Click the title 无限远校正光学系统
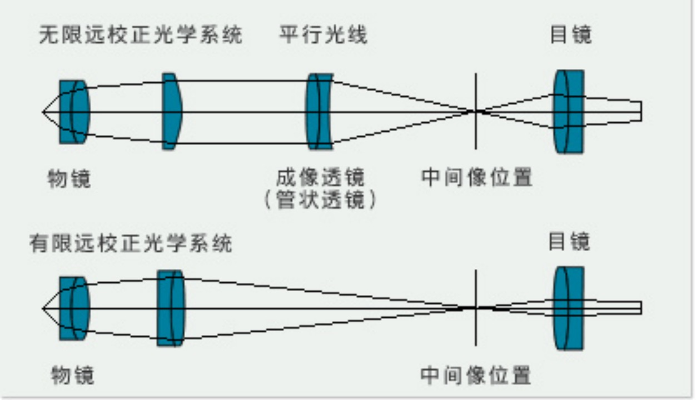click(141, 36)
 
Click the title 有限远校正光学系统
click(131, 243)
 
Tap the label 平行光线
click(323, 36)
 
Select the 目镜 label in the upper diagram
click(570, 35)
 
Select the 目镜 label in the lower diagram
click(569, 242)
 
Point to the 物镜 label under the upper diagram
click(69, 179)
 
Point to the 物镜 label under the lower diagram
click(72, 376)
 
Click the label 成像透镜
click(320, 178)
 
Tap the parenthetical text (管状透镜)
click(320, 199)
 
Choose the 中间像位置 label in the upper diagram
click(477, 178)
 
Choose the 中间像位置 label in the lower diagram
click(476, 376)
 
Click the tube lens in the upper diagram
click(320, 111)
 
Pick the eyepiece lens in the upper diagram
click(569, 111)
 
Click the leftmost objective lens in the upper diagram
click(74, 112)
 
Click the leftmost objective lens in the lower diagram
click(74, 308)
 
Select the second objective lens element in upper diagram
click(172, 111)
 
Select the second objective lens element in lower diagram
click(170, 308)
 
